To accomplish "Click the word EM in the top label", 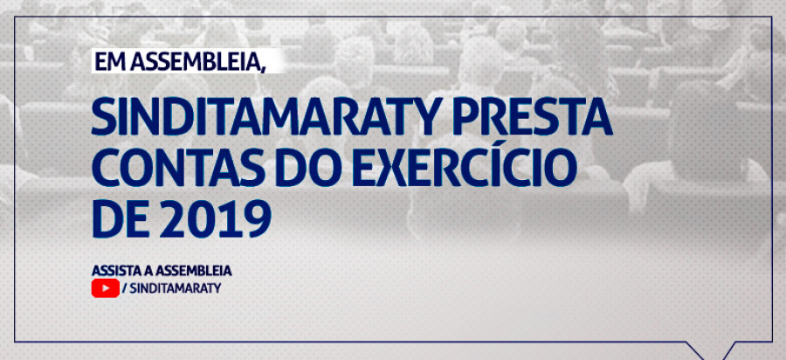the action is click(x=107, y=62).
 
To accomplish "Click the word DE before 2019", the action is click(x=121, y=220).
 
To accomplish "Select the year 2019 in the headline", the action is click(x=216, y=220).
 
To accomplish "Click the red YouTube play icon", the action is click(x=106, y=288).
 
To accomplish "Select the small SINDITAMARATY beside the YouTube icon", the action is click(x=176, y=289).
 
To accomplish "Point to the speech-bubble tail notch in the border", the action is click(x=710, y=355).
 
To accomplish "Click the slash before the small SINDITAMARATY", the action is click(x=124, y=289).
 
